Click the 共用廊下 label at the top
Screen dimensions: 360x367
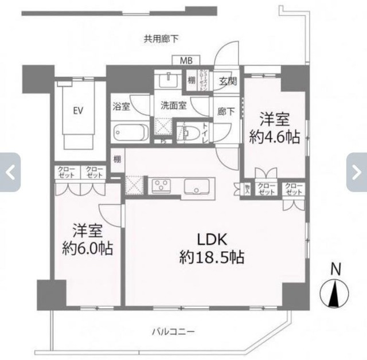[x=161, y=39]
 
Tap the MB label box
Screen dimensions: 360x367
[x=187, y=60]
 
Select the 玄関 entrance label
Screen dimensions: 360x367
[x=227, y=82]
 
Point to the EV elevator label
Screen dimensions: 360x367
[x=75, y=111]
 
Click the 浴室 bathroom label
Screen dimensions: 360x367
[x=121, y=107]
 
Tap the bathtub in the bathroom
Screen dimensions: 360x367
[x=131, y=133]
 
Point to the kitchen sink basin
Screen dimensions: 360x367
[x=198, y=186]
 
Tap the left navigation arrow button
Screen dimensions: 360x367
[x=10, y=172]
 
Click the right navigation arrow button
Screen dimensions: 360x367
[x=357, y=172]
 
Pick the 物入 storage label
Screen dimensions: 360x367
[x=247, y=189]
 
